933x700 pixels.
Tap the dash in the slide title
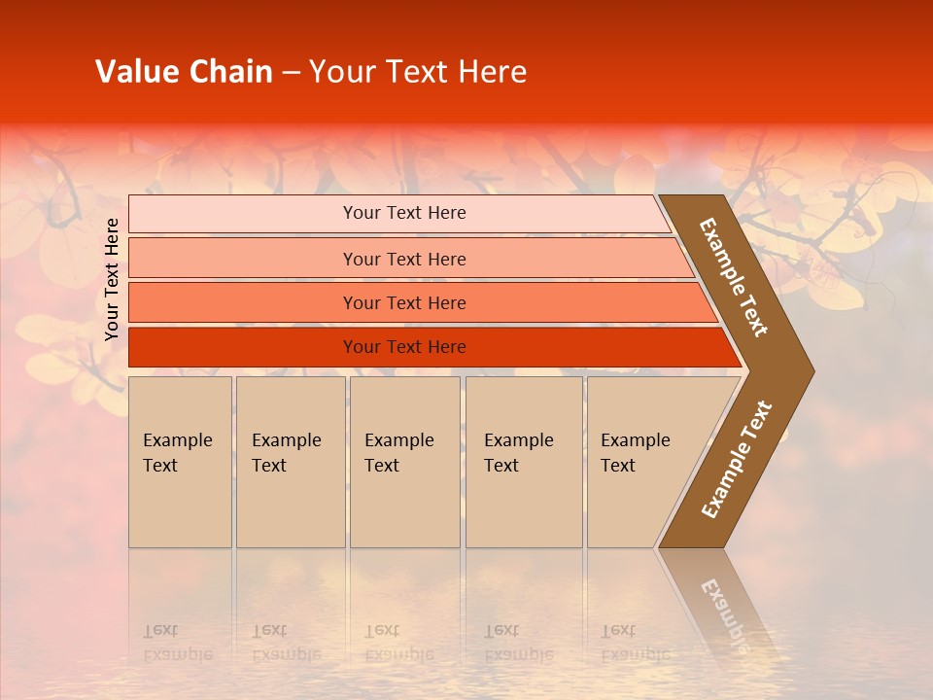click(x=291, y=73)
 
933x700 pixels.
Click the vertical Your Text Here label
click(x=112, y=279)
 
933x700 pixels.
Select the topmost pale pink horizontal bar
click(x=398, y=213)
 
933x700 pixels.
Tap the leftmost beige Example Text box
click(x=180, y=462)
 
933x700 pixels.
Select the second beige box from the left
click(x=290, y=462)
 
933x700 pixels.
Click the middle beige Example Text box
click(x=404, y=462)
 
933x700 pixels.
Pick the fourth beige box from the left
click(x=523, y=462)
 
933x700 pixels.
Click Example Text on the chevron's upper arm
click(x=734, y=277)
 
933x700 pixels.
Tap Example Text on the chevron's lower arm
click(x=737, y=460)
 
